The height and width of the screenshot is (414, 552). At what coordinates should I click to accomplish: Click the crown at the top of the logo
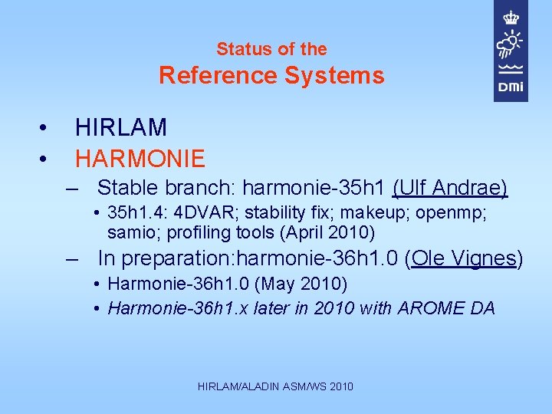[x=511, y=17]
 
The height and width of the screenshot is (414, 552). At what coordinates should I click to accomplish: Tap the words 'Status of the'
[x=271, y=49]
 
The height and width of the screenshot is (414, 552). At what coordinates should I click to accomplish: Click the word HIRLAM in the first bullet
[x=121, y=127]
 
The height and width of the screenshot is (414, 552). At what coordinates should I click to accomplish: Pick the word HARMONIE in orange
[x=140, y=159]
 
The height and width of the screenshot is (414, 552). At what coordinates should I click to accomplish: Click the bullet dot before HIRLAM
[x=45, y=127]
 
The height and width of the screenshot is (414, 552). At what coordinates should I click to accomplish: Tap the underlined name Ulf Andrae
[x=450, y=188]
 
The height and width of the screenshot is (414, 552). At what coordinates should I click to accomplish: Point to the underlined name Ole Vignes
[x=463, y=258]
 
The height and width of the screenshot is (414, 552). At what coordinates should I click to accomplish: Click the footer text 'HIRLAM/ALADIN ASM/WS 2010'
[x=275, y=386]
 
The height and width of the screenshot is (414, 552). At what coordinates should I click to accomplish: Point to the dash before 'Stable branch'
[x=72, y=188]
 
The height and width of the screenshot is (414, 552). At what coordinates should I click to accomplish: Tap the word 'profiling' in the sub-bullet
[x=195, y=232]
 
